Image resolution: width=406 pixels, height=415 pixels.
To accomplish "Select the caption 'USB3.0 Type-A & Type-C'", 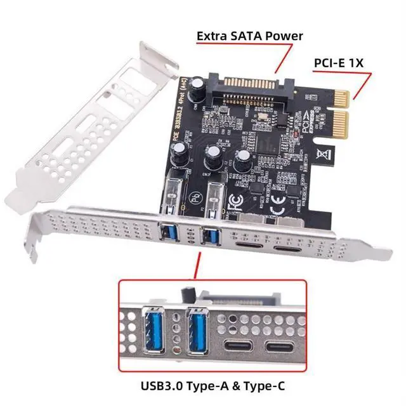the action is coord(202,386).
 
